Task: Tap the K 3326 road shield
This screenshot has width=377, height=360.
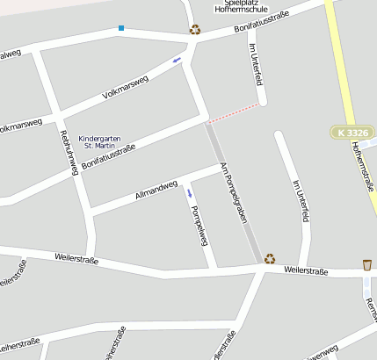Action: point(353,133)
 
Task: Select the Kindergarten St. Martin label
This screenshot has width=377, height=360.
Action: point(98,142)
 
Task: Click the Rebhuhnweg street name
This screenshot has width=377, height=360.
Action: point(67,152)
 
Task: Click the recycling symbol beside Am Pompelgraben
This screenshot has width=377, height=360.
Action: point(271,258)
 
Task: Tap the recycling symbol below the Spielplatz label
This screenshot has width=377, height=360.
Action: point(194,29)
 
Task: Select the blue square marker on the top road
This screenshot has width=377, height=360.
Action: point(121,28)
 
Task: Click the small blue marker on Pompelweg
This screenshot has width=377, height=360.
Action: point(191,193)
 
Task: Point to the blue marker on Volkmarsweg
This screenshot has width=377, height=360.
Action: point(177,60)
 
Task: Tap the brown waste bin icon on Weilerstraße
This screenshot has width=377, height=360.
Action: point(366,264)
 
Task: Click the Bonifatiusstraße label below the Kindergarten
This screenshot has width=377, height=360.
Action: point(109,150)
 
